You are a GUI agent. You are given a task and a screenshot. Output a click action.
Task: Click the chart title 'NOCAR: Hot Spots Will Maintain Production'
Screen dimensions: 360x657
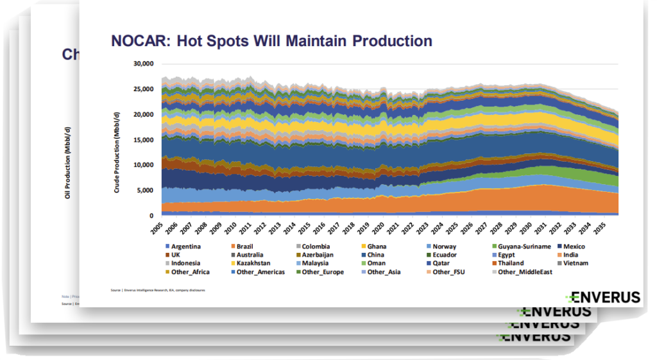pyautogui.click(x=271, y=42)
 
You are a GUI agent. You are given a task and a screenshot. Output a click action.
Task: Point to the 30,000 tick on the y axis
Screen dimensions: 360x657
pyautogui.click(x=142, y=64)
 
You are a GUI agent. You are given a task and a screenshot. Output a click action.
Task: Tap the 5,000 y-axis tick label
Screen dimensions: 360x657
pyautogui.click(x=145, y=191)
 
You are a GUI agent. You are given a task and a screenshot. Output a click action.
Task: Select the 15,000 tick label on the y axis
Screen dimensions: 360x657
pyautogui.click(x=142, y=140)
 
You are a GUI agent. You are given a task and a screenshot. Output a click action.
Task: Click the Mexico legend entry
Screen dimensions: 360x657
pyautogui.click(x=573, y=246)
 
